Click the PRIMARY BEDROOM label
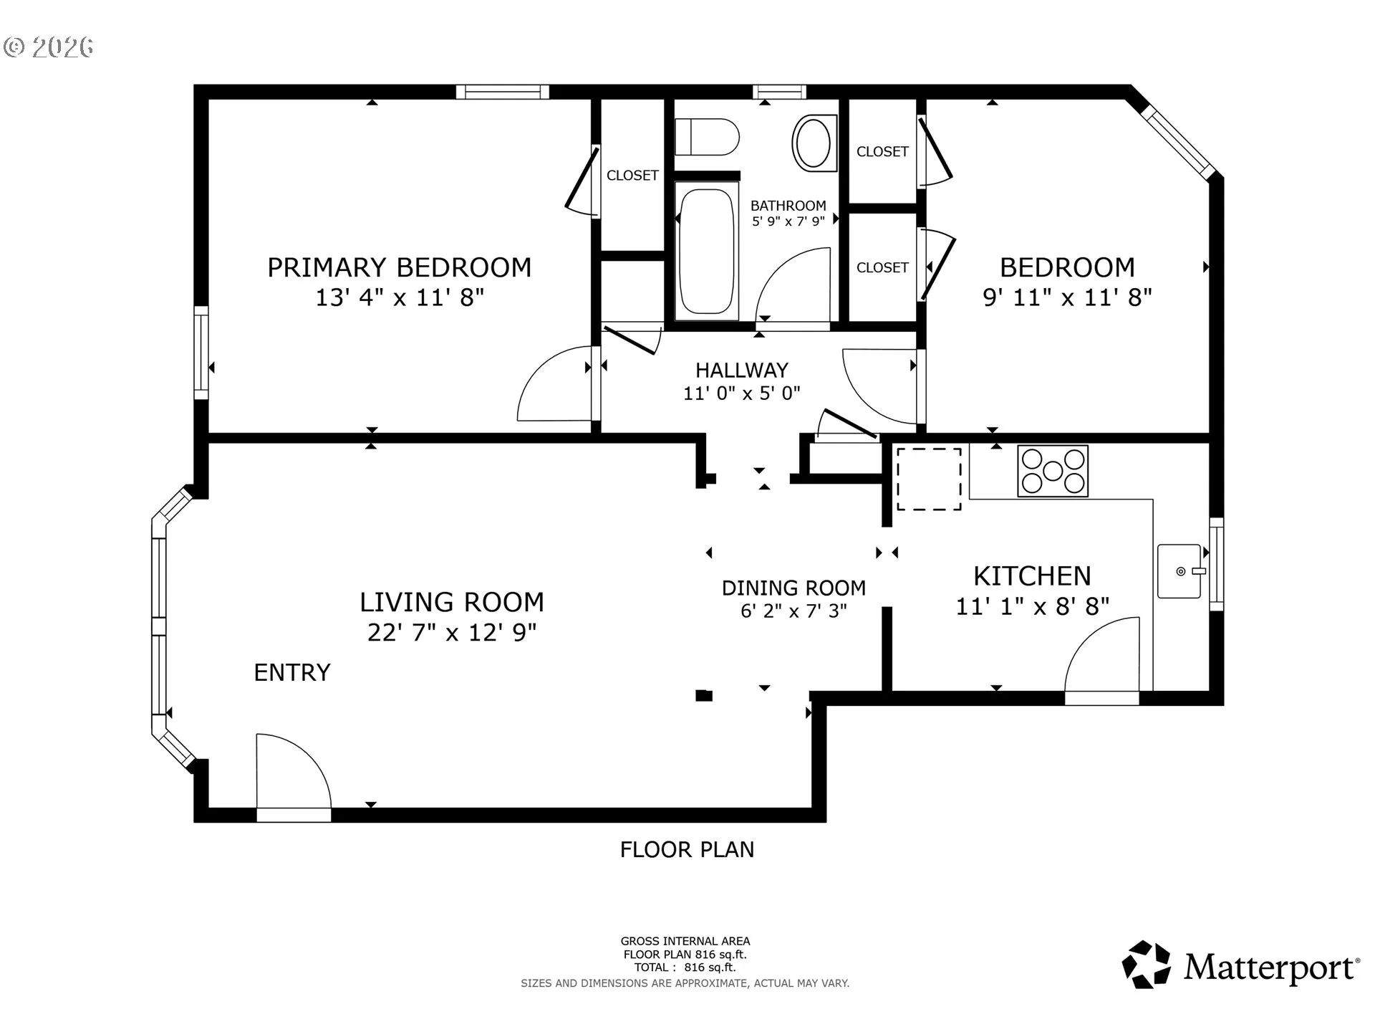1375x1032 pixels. point(400,267)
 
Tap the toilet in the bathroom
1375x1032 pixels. point(707,137)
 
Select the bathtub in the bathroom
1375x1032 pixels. point(707,251)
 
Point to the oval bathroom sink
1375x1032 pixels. point(814,143)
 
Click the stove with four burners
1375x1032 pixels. point(1053,471)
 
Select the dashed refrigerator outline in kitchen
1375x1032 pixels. point(929,479)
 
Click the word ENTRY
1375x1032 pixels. point(292,672)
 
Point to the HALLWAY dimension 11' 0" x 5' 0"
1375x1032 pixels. point(742,393)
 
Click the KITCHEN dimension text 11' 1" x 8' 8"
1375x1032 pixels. point(1033,607)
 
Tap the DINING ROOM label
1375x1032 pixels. point(793,588)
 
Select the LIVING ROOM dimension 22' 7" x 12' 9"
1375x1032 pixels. point(452,632)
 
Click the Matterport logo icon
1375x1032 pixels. point(1147,965)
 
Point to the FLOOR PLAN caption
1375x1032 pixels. point(687,849)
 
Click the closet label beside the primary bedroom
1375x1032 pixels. point(632,176)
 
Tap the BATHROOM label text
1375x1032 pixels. point(788,206)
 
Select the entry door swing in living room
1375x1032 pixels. point(294,771)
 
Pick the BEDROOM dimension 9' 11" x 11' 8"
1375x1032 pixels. point(1067,297)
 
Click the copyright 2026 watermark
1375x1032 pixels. point(49,47)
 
